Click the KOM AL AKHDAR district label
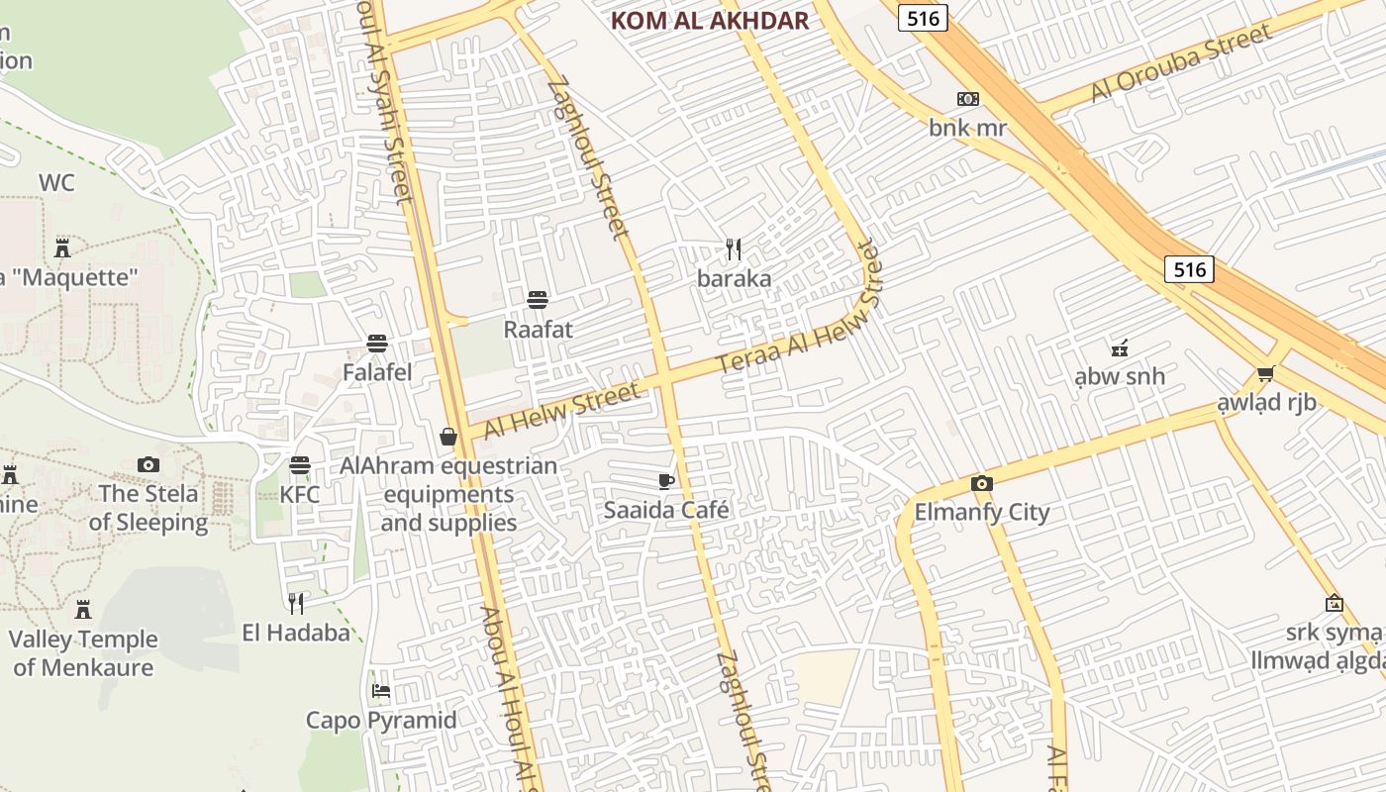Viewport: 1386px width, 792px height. tap(709, 21)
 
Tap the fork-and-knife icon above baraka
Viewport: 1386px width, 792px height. tap(734, 248)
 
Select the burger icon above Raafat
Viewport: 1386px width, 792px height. tap(538, 299)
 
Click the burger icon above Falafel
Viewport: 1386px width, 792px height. tap(376, 344)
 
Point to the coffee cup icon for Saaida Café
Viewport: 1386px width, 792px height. tap(666, 481)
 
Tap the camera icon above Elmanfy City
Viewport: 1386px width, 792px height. tap(981, 483)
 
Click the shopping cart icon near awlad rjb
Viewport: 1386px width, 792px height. tap(1265, 373)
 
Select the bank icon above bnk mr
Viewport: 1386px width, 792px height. tap(967, 99)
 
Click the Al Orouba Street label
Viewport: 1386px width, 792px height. tap(1181, 63)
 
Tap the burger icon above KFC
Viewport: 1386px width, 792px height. tap(300, 464)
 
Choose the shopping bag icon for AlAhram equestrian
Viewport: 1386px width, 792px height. tap(448, 437)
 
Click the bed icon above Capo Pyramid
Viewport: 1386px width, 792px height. tap(381, 690)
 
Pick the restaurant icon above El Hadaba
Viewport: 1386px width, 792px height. tap(295, 602)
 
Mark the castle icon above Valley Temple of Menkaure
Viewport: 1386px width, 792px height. tap(83, 609)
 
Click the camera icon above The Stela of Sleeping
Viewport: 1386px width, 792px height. tap(148, 464)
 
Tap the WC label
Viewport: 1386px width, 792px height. tap(56, 183)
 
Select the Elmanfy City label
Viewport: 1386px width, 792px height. tap(981, 513)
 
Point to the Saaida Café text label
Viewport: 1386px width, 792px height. tap(666, 511)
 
